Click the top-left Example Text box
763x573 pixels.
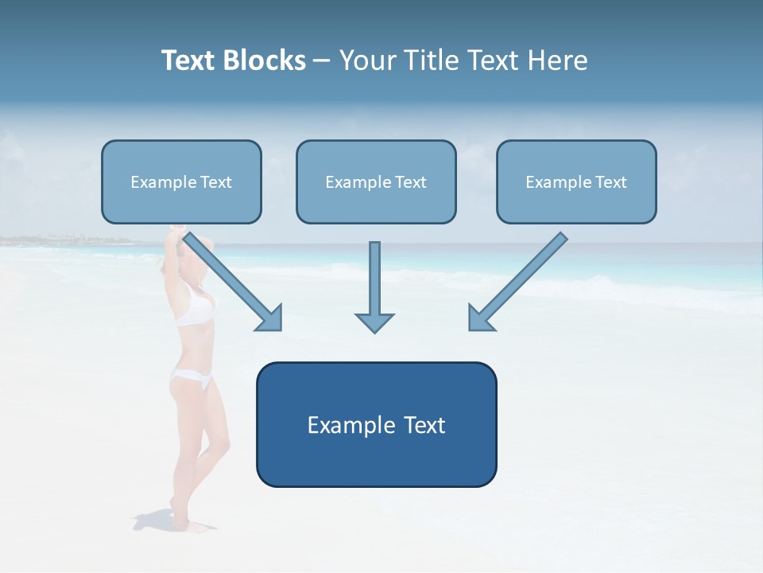(181, 182)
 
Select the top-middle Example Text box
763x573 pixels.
(376, 182)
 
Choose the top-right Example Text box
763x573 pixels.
(576, 182)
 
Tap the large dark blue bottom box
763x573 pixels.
(376, 424)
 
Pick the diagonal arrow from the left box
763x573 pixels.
(234, 281)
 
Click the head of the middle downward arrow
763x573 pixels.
(374, 322)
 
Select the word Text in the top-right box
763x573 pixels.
(610, 182)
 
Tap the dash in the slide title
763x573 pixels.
(323, 60)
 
